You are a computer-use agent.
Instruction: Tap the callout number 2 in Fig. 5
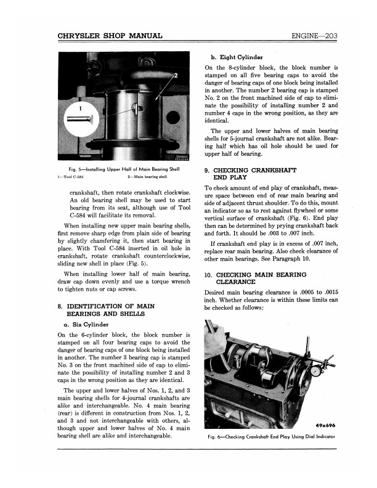[x=176, y=76]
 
